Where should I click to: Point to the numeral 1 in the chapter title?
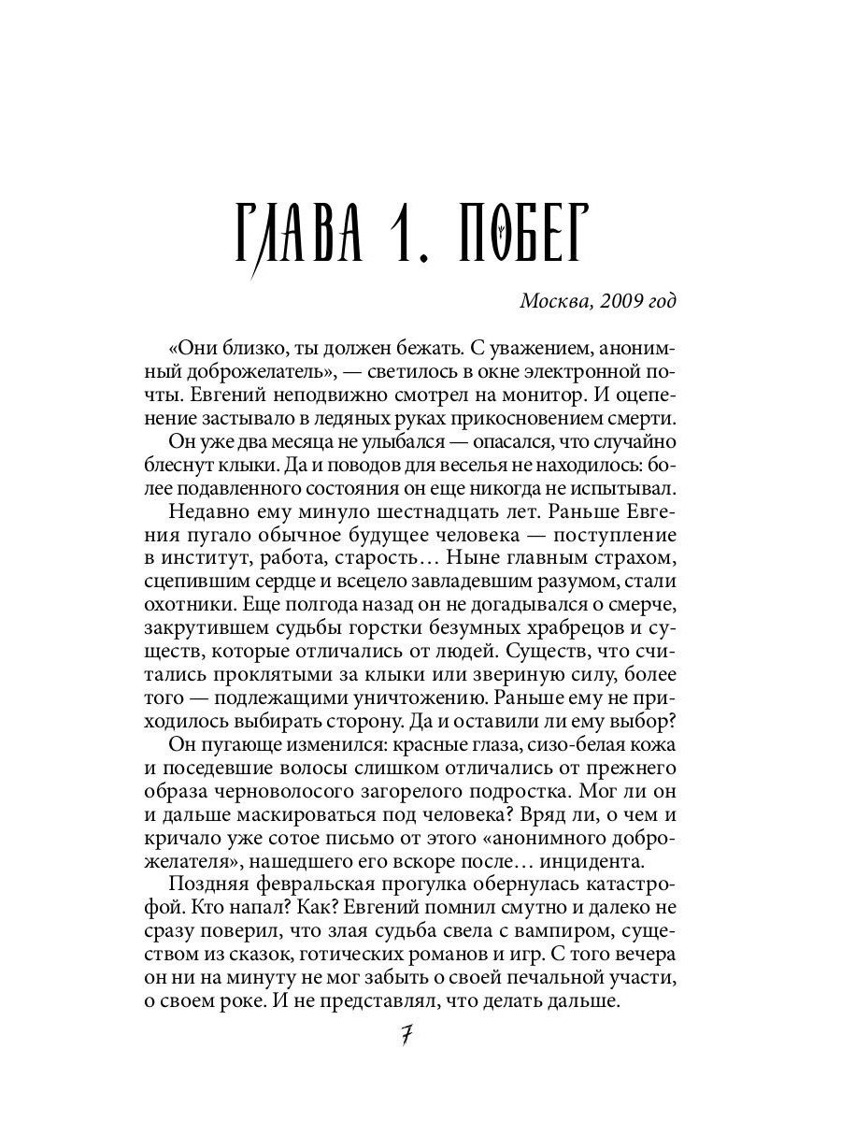tap(407, 231)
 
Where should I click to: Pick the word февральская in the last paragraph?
tap(310, 885)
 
